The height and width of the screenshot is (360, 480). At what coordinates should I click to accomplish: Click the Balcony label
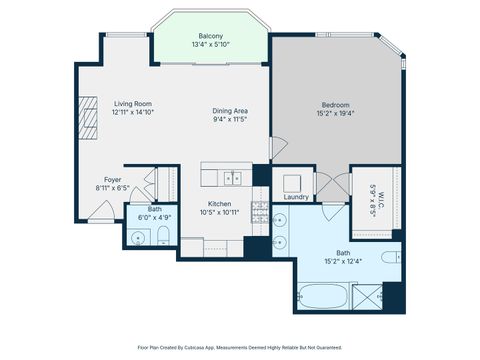click(210, 36)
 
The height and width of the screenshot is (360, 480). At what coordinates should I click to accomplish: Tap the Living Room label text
click(132, 104)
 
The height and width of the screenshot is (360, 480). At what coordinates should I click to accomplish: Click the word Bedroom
click(335, 104)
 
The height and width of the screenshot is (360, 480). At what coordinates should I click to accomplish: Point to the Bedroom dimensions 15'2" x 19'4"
click(335, 113)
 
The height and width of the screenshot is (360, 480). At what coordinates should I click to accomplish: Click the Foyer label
click(113, 179)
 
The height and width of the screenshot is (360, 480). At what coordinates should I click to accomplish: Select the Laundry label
click(296, 197)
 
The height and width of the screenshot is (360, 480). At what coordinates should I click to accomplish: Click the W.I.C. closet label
click(372, 193)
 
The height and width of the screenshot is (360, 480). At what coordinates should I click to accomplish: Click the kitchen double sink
click(232, 178)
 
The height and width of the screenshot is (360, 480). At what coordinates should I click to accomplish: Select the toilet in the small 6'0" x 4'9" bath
click(162, 237)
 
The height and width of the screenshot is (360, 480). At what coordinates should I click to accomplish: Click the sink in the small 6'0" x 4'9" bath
click(136, 237)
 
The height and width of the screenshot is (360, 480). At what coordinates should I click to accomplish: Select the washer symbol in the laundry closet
click(293, 182)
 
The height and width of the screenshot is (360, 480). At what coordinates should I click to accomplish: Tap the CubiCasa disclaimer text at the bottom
click(240, 347)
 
